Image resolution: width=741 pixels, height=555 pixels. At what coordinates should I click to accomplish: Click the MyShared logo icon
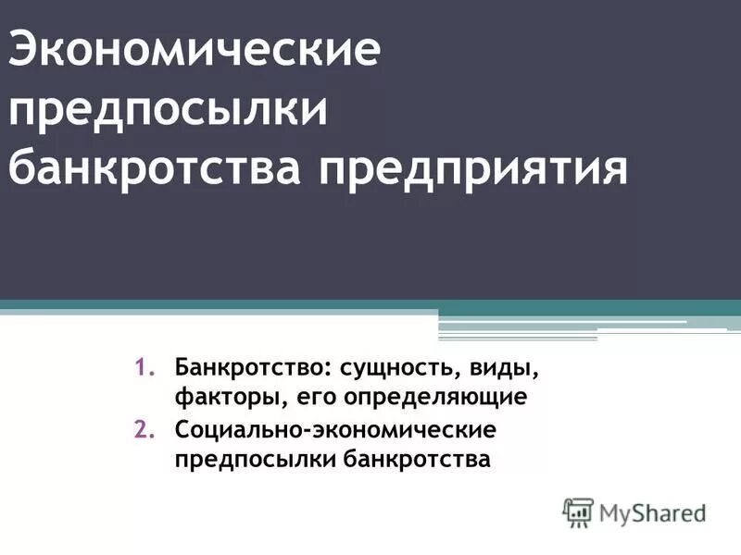(x=578, y=511)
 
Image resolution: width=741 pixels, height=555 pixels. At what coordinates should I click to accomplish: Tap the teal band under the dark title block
(x=370, y=305)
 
